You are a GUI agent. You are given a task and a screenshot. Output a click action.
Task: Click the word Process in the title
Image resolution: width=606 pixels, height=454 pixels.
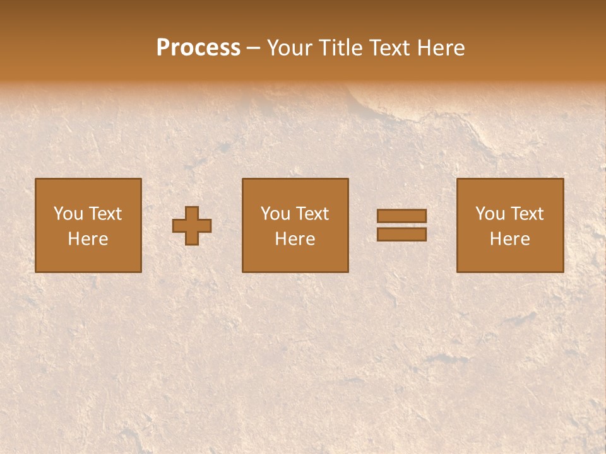[198, 48]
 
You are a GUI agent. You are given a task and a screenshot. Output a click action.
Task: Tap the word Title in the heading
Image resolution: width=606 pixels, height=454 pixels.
[340, 48]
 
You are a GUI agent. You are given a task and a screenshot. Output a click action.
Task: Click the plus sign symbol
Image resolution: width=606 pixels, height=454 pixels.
[192, 226]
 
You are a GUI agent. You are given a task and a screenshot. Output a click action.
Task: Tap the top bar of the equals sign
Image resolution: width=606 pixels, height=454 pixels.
[401, 216]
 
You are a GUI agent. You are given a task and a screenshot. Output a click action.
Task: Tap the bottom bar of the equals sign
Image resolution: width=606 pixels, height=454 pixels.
[401, 235]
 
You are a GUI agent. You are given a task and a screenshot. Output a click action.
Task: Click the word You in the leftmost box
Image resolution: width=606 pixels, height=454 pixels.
[68, 214]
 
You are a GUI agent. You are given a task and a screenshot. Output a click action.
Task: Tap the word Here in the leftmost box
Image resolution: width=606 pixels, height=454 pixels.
[88, 239]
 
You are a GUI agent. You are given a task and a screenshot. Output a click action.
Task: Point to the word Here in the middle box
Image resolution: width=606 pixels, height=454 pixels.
[295, 239]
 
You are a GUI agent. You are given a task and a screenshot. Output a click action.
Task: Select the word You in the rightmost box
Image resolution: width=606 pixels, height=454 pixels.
[490, 214]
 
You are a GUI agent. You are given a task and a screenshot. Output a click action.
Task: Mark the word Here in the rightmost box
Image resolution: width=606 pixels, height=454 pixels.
[510, 239]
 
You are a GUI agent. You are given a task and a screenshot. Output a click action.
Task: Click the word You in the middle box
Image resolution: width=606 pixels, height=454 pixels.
[275, 214]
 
